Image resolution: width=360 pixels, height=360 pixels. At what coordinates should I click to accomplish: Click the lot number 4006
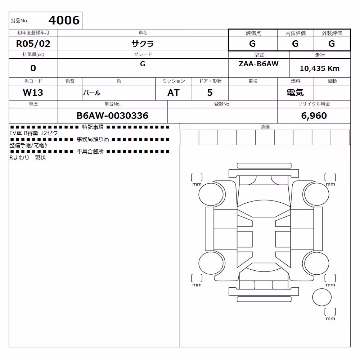click(64, 20)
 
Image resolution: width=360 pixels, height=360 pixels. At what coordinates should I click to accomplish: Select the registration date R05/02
click(33, 44)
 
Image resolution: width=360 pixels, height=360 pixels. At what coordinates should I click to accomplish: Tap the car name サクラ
click(143, 44)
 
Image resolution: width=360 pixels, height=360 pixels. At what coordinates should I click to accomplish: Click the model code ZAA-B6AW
click(258, 64)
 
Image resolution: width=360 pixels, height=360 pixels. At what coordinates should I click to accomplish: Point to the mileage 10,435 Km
click(320, 68)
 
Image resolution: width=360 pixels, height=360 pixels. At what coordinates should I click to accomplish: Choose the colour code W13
click(33, 93)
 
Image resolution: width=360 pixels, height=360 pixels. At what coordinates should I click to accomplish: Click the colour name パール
click(92, 93)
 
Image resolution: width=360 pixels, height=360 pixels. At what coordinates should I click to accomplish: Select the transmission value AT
click(174, 93)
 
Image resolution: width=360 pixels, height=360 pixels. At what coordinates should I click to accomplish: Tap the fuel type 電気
click(295, 93)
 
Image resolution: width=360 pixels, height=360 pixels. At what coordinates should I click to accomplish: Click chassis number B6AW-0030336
click(112, 116)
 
